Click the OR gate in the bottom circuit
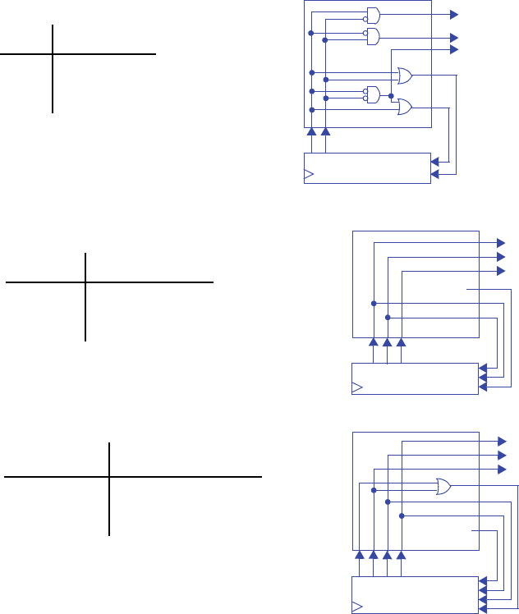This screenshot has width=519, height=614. pyautogui.click(x=443, y=486)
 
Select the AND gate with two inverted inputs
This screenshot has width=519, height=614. pyautogui.click(x=374, y=94)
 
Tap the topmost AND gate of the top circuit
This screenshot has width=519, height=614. pyautogui.click(x=374, y=14)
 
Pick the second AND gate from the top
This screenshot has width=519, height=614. pyautogui.click(x=374, y=36)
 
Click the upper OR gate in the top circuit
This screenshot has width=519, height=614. pyautogui.click(x=404, y=76)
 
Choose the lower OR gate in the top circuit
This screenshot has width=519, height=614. pyautogui.click(x=404, y=106)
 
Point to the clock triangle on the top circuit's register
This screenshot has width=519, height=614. pyautogui.click(x=309, y=174)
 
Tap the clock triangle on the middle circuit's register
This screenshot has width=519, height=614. pyautogui.click(x=356, y=386)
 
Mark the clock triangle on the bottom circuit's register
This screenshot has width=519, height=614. pyautogui.click(x=356, y=607)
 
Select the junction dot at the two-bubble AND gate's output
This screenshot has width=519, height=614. pyautogui.click(x=391, y=97)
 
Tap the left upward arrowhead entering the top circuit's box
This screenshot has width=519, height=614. pyautogui.click(x=311, y=131)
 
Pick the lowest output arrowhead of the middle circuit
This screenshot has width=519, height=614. pyautogui.click(x=501, y=271)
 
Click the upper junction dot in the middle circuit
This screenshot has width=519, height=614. pyautogui.click(x=373, y=303)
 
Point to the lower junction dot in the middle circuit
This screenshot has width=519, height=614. pyautogui.click(x=388, y=317)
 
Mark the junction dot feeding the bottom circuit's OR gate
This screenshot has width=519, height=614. pyautogui.click(x=374, y=490)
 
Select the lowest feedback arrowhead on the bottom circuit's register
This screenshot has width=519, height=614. pyautogui.click(x=483, y=608)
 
